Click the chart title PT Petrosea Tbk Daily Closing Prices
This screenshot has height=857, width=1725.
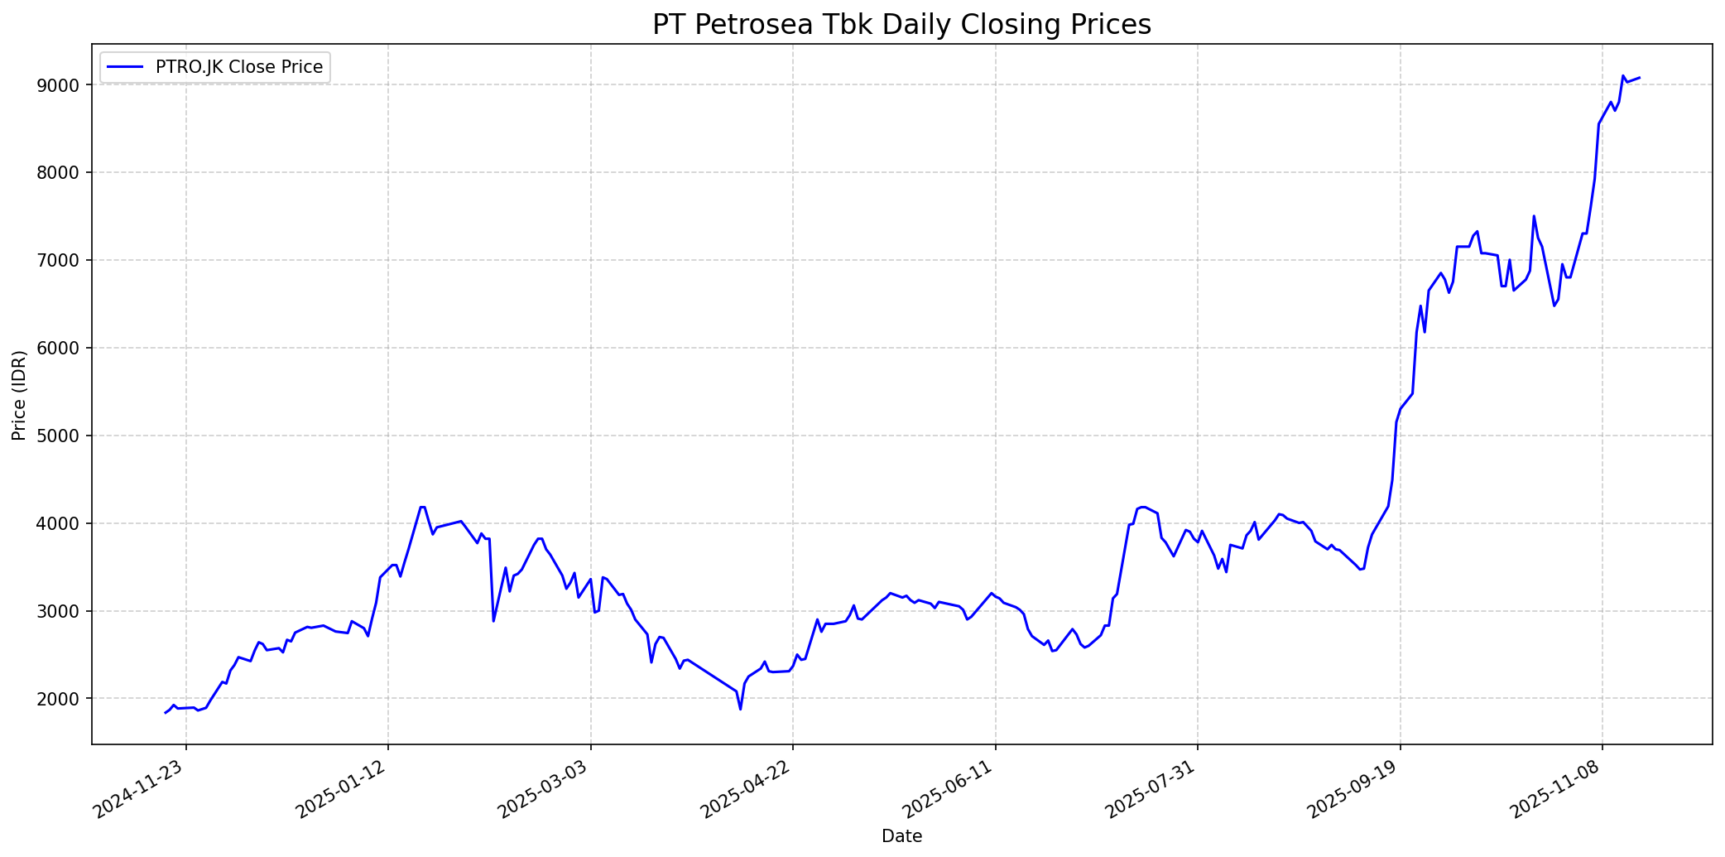901,24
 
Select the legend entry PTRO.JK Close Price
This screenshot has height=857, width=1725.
239,67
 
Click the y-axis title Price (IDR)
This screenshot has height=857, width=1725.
19,394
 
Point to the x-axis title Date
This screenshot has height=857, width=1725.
901,836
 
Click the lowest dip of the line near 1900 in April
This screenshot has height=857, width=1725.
740,709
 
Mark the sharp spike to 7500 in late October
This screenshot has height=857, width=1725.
1534,216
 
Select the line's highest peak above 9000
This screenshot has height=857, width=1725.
1623,75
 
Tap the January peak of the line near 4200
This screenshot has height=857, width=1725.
422,507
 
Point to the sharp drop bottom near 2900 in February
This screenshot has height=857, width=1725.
493,621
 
